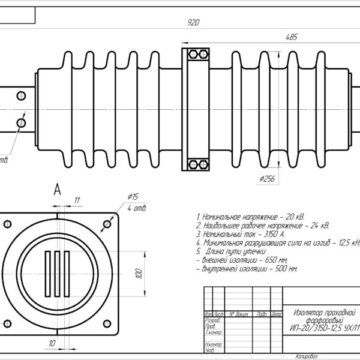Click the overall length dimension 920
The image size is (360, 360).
click(x=193, y=23)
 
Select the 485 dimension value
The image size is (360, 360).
click(x=291, y=37)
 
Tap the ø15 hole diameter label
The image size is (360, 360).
click(x=133, y=197)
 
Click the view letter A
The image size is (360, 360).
click(x=58, y=190)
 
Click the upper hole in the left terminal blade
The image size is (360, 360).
click(x=22, y=95)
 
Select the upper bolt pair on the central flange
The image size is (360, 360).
click(x=195, y=55)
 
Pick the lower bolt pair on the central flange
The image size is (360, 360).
click(x=195, y=164)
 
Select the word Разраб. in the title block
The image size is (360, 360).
click(x=212, y=320)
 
